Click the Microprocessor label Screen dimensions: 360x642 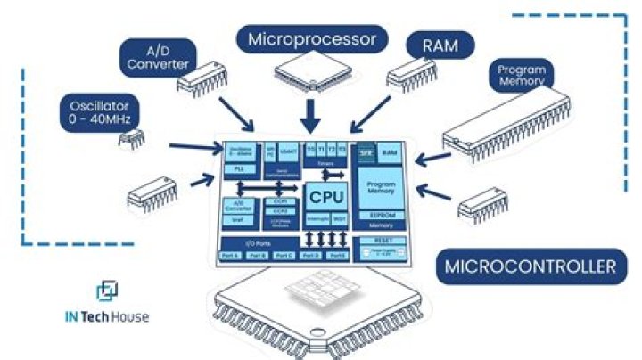(312, 39)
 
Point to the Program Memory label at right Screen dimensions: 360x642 (522, 76)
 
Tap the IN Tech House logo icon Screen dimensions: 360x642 (106, 291)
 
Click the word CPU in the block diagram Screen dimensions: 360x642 (325, 195)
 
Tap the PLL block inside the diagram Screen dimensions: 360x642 (239, 168)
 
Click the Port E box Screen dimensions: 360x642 (336, 257)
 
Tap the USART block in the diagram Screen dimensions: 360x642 (289, 152)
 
